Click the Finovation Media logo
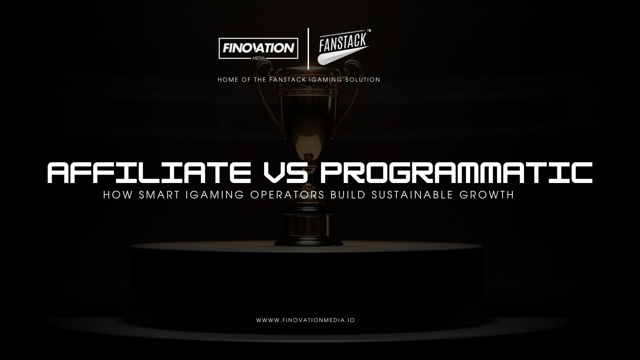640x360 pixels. coord(258,49)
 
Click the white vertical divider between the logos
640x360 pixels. coord(308,49)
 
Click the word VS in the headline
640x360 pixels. coord(285,173)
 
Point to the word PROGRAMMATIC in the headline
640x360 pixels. coord(456,173)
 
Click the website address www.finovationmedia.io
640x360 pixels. coord(305,320)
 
